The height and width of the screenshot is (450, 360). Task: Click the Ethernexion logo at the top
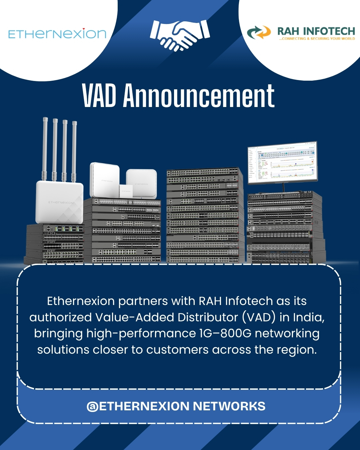(x=57, y=34)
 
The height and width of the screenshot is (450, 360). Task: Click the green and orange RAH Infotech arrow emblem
(x=259, y=32)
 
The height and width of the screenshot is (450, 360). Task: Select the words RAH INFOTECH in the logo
(x=316, y=31)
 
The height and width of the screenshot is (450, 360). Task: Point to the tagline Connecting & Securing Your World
(x=317, y=39)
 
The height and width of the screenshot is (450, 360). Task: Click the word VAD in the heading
(x=99, y=96)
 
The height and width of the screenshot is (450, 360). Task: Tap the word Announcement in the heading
(x=199, y=96)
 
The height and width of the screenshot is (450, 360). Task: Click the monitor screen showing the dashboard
(x=282, y=162)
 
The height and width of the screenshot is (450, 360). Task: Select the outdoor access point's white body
(x=60, y=202)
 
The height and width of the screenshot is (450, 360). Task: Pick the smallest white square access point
(x=126, y=191)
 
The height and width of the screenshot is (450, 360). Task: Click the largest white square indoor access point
(x=104, y=180)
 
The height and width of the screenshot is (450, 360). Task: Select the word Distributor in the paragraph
(x=208, y=317)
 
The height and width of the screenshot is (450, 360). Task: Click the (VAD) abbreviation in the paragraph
(x=259, y=317)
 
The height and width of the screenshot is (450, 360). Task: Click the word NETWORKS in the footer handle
(x=229, y=406)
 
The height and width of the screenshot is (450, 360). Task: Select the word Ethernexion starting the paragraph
(x=81, y=301)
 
